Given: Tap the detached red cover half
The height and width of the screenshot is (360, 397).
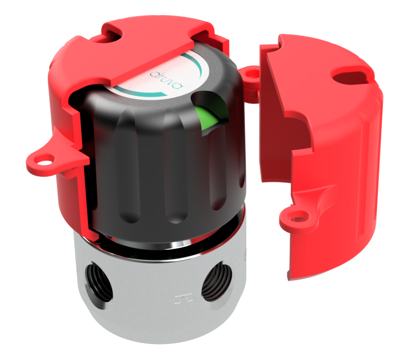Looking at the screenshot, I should tap(328, 159).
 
